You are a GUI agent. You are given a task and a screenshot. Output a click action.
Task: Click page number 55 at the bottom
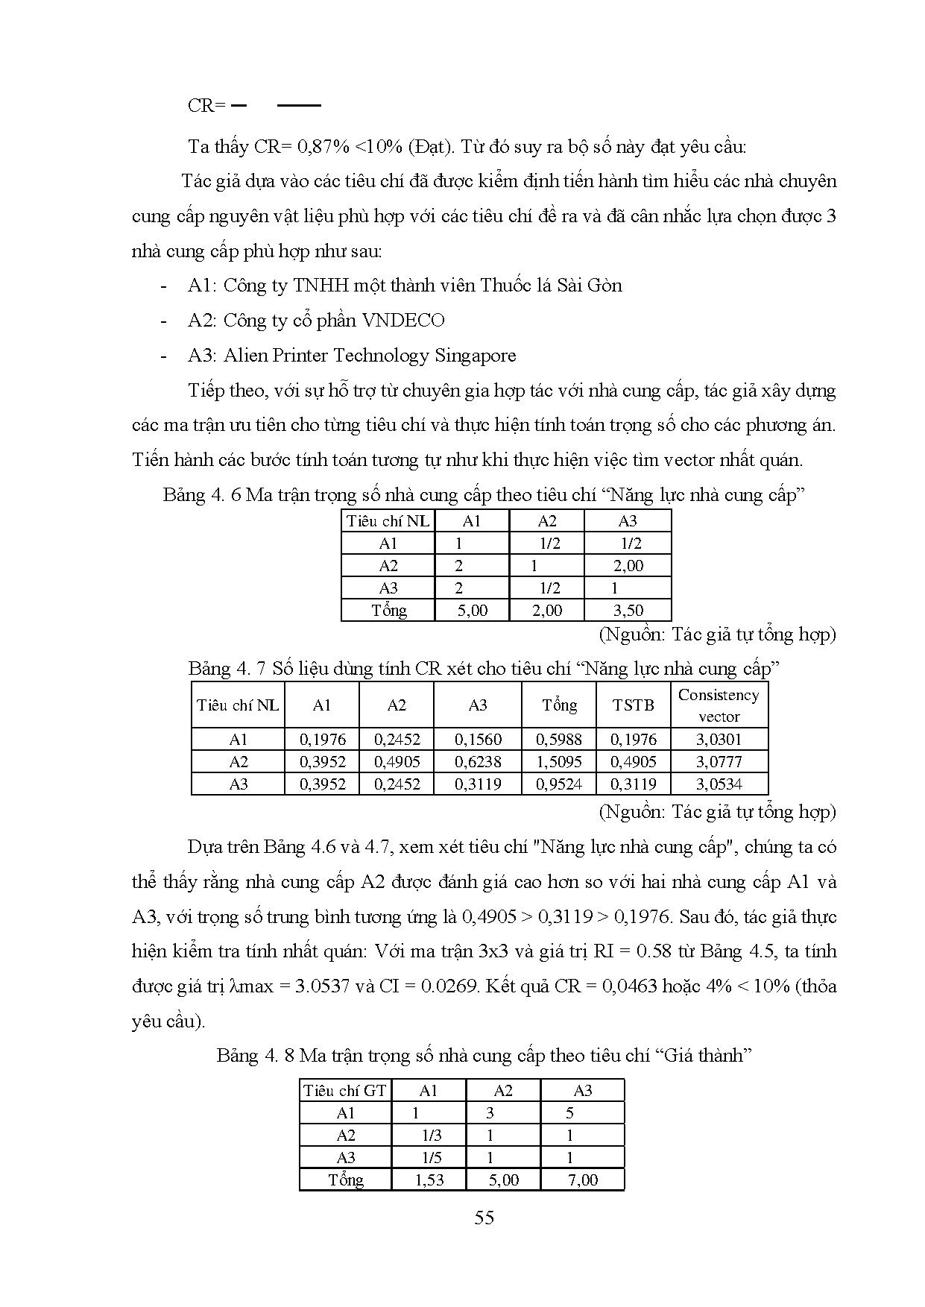tap(484, 1218)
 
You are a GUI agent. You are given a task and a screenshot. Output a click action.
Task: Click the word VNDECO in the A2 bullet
tap(403, 321)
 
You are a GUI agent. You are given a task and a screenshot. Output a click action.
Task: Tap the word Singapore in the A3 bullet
tap(475, 356)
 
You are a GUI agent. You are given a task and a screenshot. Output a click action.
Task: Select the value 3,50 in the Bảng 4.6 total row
tap(628, 611)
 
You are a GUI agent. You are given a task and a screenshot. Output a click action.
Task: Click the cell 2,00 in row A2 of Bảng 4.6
tap(628, 566)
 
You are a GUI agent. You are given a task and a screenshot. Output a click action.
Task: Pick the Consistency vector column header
tap(719, 705)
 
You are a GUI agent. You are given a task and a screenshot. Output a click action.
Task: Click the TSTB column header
tap(633, 705)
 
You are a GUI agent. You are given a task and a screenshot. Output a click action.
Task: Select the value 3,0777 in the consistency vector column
tap(719, 762)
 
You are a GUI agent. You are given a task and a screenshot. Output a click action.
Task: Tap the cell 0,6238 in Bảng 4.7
tap(478, 762)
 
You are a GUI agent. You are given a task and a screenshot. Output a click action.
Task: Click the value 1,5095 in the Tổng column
tap(559, 762)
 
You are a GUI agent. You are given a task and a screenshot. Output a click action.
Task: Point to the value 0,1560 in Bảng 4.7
tap(478, 740)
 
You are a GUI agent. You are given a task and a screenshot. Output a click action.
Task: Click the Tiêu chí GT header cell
tap(345, 1091)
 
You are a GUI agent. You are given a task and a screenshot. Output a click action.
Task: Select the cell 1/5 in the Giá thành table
tap(431, 1158)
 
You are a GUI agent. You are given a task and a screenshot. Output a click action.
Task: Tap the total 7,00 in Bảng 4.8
tap(582, 1180)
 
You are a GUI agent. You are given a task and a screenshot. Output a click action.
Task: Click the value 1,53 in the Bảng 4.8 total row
tap(429, 1180)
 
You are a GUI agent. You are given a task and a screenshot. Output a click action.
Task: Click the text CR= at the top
tap(206, 106)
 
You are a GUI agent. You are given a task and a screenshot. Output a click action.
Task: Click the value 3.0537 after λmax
tap(323, 986)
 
